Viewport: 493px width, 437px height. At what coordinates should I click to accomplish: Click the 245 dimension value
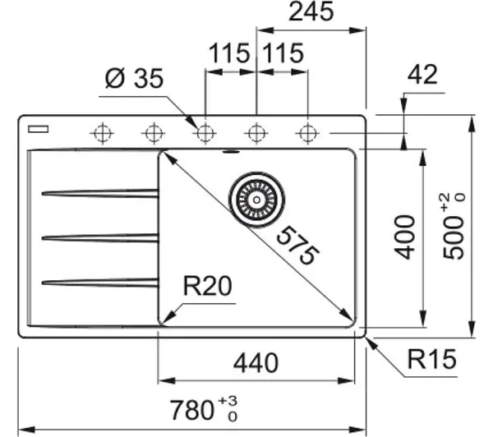(311, 12)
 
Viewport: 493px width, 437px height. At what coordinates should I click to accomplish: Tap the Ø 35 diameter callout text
(134, 78)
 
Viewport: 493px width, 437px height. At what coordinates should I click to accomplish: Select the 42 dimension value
(422, 75)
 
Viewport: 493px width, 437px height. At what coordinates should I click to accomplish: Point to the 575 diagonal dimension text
(297, 246)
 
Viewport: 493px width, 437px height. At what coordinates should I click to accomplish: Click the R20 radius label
(208, 286)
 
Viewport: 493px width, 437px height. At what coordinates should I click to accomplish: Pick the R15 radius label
(431, 359)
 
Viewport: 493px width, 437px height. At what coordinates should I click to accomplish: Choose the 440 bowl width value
(256, 363)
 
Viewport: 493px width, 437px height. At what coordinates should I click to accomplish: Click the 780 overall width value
(191, 410)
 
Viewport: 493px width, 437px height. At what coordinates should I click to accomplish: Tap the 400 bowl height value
(405, 237)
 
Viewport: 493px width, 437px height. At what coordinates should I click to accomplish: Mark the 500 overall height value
(453, 237)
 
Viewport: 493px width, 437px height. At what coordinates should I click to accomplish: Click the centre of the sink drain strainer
(256, 200)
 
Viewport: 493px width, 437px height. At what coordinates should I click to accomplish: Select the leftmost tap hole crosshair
(102, 133)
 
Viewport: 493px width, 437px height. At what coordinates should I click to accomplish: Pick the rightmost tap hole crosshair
(307, 133)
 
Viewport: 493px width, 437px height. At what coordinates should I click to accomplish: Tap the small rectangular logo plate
(38, 129)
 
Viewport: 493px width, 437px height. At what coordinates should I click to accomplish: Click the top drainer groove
(100, 193)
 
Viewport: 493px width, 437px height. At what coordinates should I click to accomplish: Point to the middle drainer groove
(100, 238)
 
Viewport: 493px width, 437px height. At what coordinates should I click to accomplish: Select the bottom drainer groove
(100, 283)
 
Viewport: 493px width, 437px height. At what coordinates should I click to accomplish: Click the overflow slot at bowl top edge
(231, 152)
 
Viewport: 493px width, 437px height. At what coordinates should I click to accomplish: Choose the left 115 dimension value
(229, 53)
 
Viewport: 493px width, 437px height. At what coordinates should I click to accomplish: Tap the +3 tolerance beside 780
(228, 401)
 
